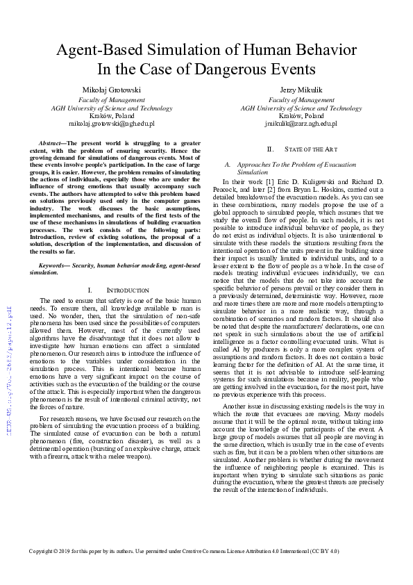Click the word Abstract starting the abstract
pos(51,142)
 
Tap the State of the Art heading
pos(305,149)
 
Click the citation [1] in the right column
pos(266,181)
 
